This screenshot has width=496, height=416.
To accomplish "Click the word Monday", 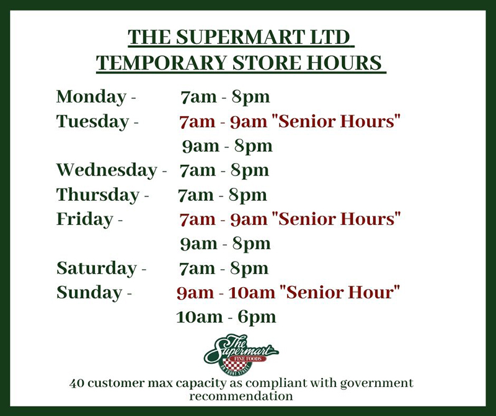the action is pos(91,97).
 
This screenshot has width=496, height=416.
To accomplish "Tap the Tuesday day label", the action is pos(92,122).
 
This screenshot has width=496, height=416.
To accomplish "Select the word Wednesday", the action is pos(107,170).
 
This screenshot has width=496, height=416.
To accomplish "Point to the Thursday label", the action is pos(98,195).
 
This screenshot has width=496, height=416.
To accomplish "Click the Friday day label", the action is pos(84,219).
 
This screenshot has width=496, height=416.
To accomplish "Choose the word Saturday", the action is pos(97,268).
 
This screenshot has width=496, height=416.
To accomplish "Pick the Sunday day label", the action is pos(89,292).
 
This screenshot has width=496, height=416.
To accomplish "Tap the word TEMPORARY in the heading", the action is pos(162,63).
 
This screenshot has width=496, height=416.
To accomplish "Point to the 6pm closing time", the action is pos(257,317).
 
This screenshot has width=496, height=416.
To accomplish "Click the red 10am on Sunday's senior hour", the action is pos(252,292).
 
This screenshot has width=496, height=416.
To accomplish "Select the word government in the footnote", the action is pos(377,384).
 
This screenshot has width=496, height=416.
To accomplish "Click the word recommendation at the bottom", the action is pos(241,396).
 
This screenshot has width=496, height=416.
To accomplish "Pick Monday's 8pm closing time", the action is pos(251,97).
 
